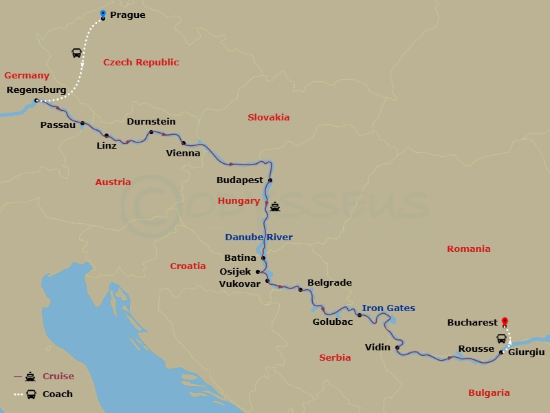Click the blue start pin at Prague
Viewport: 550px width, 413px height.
click(102, 14)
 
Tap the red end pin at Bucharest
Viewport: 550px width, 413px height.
click(505, 321)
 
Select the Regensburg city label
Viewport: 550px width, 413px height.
click(36, 89)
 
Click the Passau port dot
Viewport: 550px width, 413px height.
click(82, 124)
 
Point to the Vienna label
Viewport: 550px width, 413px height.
click(184, 153)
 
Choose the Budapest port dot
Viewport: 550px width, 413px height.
click(270, 181)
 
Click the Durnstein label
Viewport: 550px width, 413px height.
click(151, 121)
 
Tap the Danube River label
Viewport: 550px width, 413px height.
click(258, 237)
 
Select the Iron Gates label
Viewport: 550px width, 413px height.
click(388, 308)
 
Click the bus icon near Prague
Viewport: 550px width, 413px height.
click(76, 53)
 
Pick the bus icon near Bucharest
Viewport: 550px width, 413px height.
click(501, 338)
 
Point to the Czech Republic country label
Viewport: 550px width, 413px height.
click(141, 63)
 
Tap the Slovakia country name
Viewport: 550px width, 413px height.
click(269, 118)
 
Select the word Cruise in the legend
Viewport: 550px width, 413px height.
click(58, 377)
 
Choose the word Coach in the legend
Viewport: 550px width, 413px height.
click(58, 394)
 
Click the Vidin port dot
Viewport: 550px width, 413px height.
click(398, 348)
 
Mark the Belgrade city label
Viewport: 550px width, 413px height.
click(329, 283)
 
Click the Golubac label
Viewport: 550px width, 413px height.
click(333, 321)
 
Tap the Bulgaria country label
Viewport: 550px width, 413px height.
click(489, 393)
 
